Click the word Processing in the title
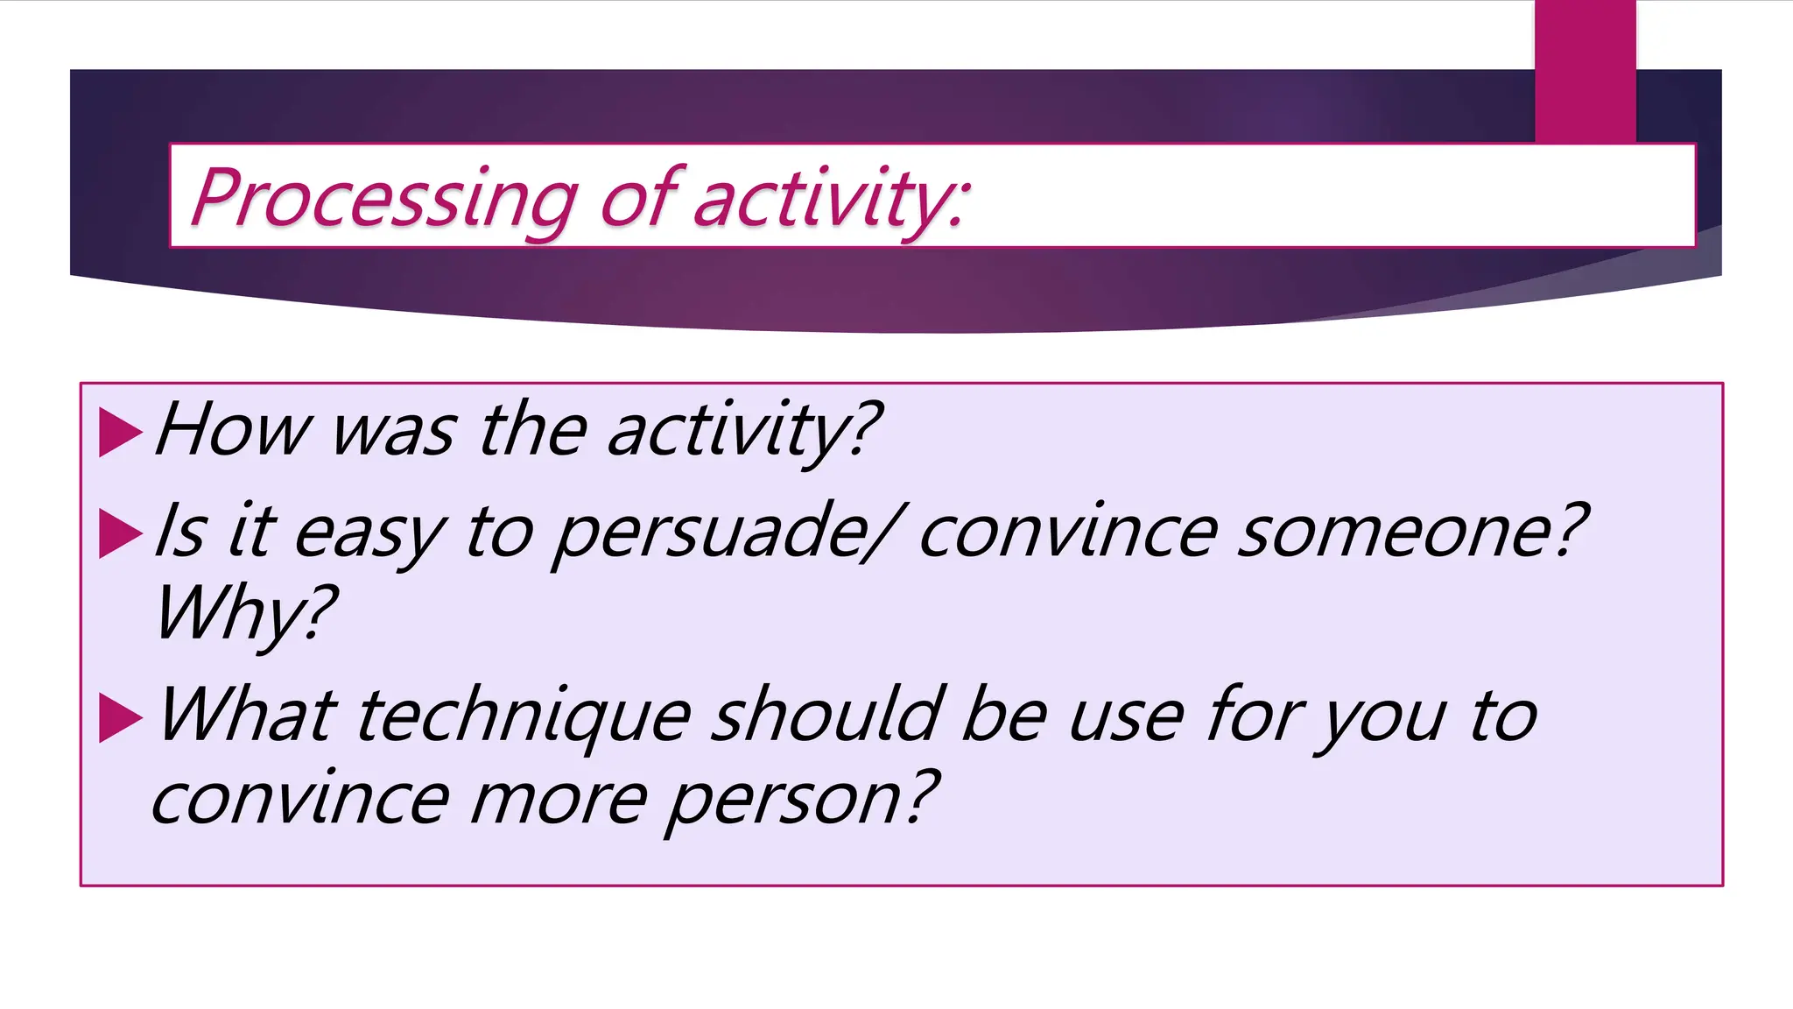coord(383,199)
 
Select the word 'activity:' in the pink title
coord(832,199)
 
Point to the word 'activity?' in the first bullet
coord(743,431)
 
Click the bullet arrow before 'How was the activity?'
coord(120,432)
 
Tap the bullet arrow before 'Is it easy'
coord(120,533)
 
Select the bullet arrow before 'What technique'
coord(120,717)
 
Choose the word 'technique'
coord(524,716)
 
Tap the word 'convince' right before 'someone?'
coord(1067,532)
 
